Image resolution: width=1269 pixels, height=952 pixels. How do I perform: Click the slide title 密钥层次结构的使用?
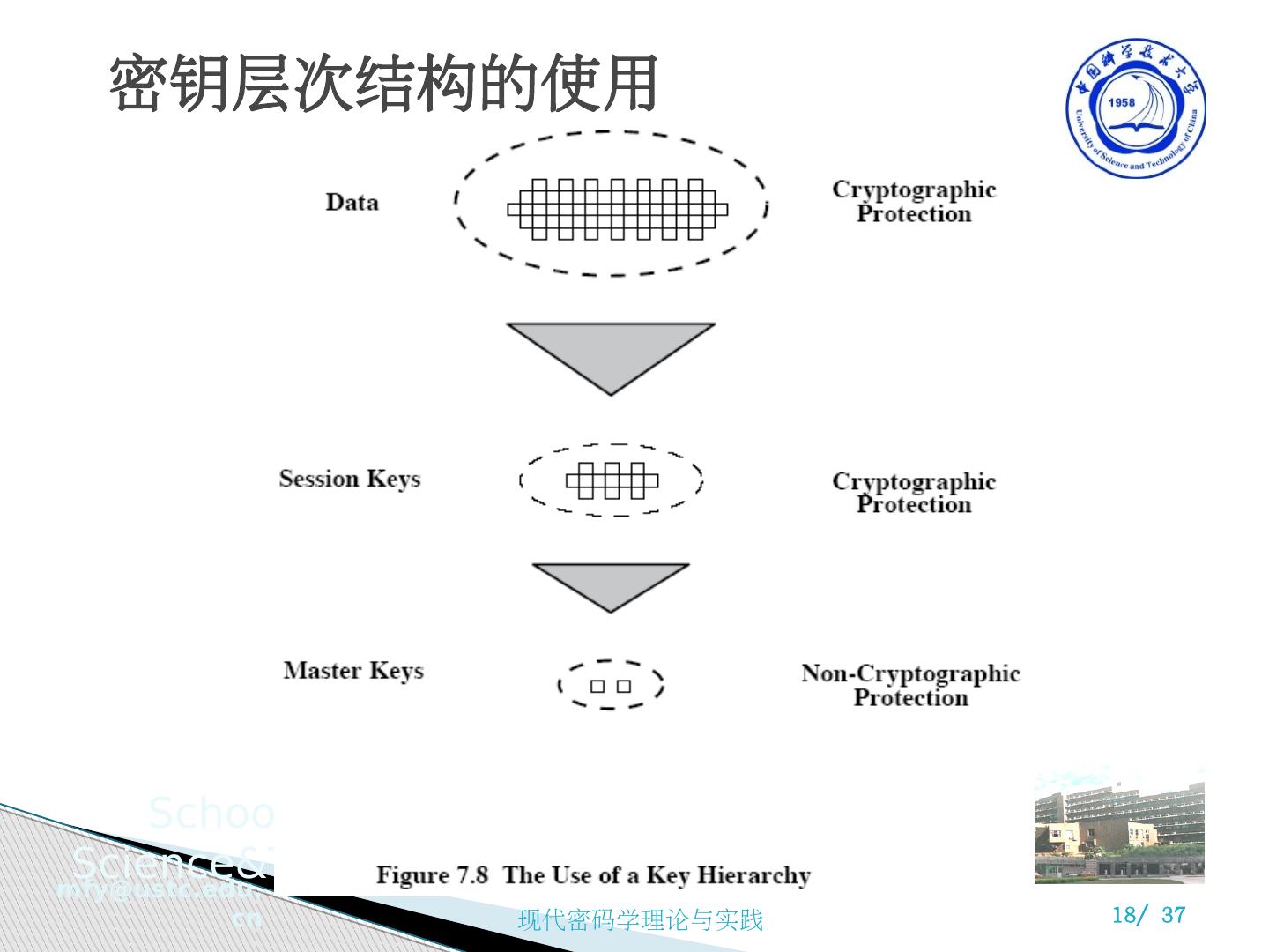(x=383, y=85)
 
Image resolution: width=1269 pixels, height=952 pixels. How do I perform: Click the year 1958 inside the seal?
(x=1121, y=102)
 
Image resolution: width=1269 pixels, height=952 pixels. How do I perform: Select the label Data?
(x=352, y=202)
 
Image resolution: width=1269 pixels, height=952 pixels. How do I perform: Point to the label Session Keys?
(x=349, y=479)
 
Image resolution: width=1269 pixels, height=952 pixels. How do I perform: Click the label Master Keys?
(x=352, y=671)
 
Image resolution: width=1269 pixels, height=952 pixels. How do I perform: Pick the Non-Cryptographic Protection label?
(x=910, y=685)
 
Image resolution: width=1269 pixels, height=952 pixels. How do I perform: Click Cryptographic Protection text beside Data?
(x=914, y=202)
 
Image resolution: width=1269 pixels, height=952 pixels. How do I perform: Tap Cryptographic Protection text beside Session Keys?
(x=914, y=493)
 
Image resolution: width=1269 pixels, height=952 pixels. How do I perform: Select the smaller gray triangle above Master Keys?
(x=611, y=582)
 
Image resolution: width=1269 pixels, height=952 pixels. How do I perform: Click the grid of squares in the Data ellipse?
(x=617, y=209)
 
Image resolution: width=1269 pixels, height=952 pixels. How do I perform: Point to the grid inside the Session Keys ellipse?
(x=612, y=480)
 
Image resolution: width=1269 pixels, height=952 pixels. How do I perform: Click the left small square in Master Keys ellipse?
(x=597, y=686)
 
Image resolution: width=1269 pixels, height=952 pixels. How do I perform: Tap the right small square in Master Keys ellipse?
(x=624, y=686)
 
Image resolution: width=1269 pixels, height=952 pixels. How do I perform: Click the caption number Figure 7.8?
(x=432, y=875)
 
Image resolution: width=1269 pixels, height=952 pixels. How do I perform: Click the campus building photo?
(x=1119, y=826)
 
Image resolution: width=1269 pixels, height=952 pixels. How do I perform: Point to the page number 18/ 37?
(x=1148, y=915)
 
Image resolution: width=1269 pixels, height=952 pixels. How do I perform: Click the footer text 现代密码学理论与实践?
(x=640, y=920)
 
